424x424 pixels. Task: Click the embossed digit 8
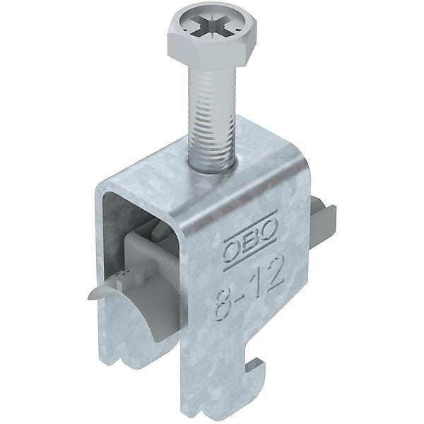point(225,305)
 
